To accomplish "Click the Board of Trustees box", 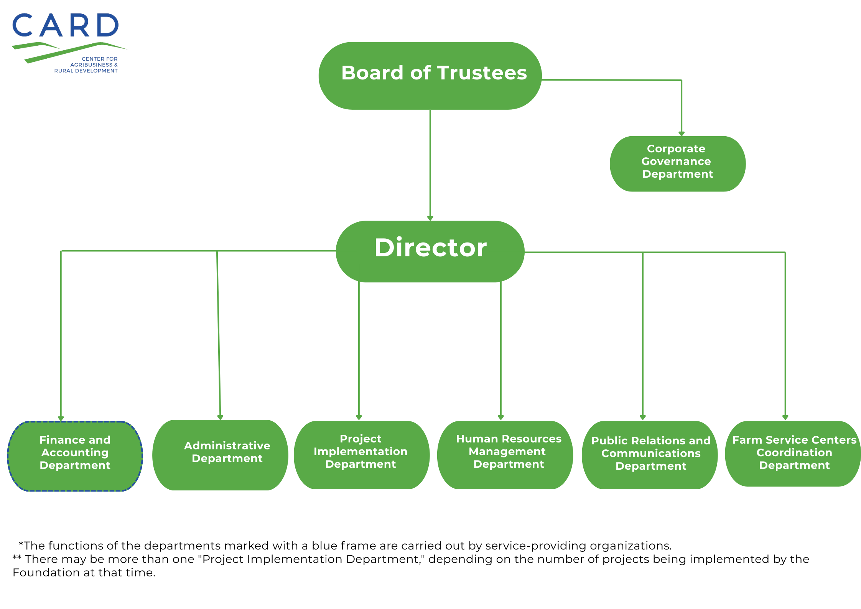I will click(430, 76).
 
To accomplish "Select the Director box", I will click(430, 251).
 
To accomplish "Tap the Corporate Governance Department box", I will click(677, 163).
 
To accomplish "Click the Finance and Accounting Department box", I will click(75, 456).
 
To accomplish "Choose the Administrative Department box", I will click(220, 455).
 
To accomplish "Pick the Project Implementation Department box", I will click(361, 455).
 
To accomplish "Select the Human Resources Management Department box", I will click(505, 455).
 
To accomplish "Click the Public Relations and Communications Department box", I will click(649, 455).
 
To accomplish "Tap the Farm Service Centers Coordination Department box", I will click(793, 454).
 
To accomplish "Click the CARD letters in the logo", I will click(66, 26).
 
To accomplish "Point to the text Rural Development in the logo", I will click(86, 71).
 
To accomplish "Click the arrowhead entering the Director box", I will click(430, 218).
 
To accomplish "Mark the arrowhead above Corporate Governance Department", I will click(682, 134).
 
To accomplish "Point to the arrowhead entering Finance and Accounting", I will click(61, 418).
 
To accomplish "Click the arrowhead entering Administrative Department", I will click(220, 417).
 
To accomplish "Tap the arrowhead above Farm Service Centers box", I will click(785, 417).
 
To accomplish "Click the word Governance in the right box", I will click(676, 161).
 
